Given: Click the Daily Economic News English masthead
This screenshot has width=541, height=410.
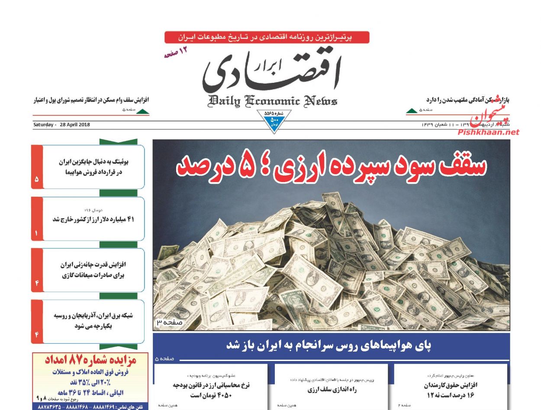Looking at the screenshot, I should pyautogui.click(x=272, y=101).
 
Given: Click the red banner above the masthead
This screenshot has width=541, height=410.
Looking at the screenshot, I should pyautogui.click(x=267, y=37).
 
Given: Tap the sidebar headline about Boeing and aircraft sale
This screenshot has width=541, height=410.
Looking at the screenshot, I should pyautogui.click(x=91, y=167).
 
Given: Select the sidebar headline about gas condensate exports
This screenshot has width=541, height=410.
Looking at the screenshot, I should pyautogui.click(x=93, y=270).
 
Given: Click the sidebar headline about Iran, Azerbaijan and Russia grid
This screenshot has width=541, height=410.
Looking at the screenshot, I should pyautogui.click(x=93, y=321).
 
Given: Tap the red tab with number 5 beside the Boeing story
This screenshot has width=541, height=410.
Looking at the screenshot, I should pyautogui.click(x=37, y=178).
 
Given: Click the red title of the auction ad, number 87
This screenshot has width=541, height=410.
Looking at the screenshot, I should pyautogui.click(x=90, y=360).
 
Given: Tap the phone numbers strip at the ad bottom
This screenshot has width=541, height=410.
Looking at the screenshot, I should pyautogui.click(x=90, y=407).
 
